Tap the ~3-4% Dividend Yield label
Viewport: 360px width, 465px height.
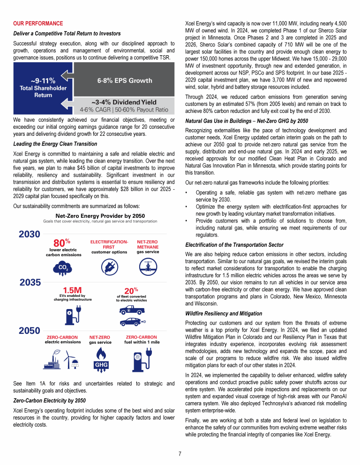click(x=124, y=102)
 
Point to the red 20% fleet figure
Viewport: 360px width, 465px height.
click(x=131, y=291)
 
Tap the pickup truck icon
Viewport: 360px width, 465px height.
click(x=131, y=310)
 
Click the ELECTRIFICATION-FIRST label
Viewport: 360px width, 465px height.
click(x=109, y=244)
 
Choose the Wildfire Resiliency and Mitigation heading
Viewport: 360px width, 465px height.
click(x=223, y=313)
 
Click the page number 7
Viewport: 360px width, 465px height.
click(x=180, y=453)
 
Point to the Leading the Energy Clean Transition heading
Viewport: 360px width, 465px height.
click(x=55, y=144)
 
